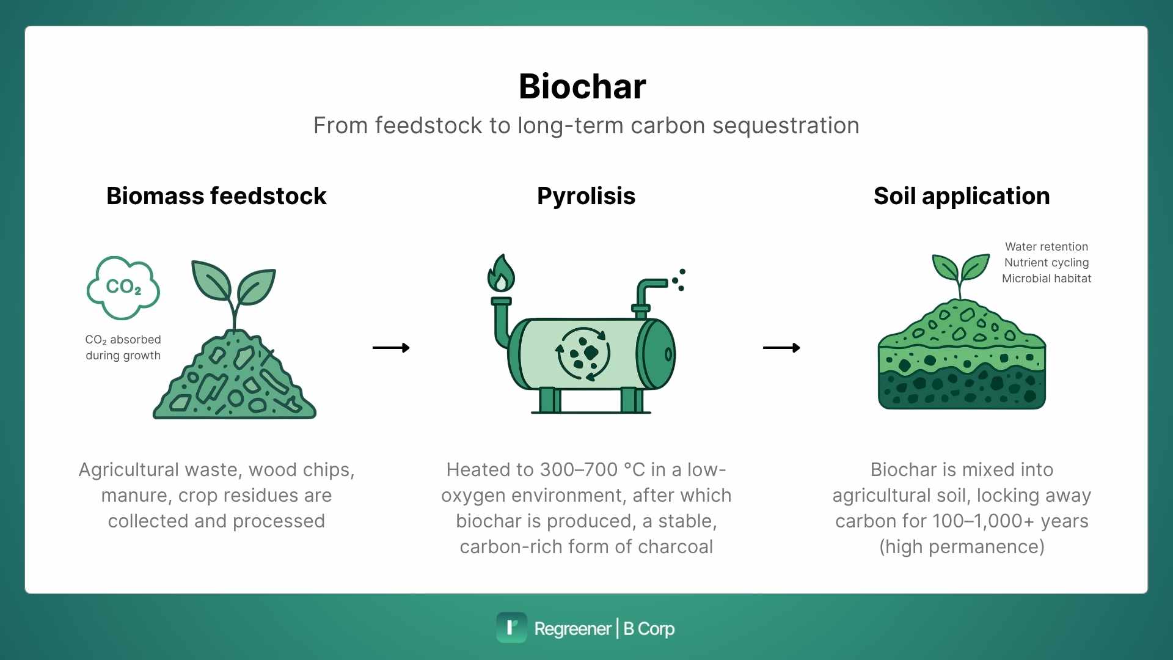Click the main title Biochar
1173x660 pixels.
tap(582, 86)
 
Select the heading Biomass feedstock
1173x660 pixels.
tap(216, 196)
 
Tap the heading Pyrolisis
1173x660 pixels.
tap(586, 196)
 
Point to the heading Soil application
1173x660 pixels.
tap(962, 196)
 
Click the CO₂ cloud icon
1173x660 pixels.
tap(123, 287)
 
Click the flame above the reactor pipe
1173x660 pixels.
tap(501, 273)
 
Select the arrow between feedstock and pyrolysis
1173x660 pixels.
tap(391, 348)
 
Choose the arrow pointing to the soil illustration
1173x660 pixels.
tap(781, 348)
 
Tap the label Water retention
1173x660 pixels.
tap(1047, 246)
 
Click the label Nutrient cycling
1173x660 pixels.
tap(1047, 262)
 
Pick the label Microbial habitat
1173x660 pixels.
tap(1047, 278)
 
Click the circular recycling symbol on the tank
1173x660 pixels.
tap(583, 354)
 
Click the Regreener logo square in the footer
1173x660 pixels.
tap(511, 628)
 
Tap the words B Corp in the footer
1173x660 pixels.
tap(649, 628)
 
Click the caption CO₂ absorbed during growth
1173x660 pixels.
tap(123, 347)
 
